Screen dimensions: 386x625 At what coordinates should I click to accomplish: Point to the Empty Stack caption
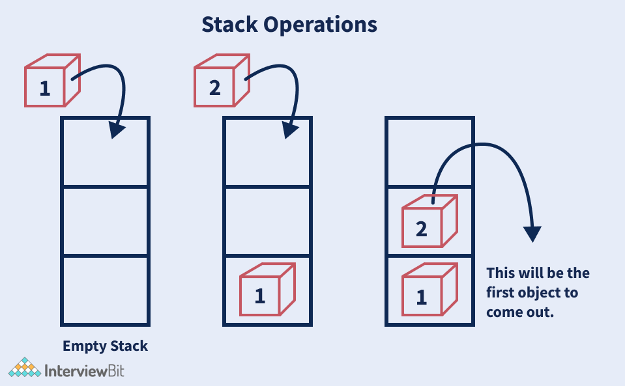pos(105,346)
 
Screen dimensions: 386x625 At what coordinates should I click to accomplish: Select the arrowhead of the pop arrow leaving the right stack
pos(533,232)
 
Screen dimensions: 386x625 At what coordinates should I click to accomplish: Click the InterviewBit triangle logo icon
pos(24,368)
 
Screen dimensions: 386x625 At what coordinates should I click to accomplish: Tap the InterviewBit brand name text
pos(84,371)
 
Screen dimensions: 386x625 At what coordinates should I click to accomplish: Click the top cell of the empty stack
pos(105,152)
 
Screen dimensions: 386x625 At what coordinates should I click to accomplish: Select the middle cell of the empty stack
pos(105,221)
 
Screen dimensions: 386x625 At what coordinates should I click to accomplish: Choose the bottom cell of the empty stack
pos(105,290)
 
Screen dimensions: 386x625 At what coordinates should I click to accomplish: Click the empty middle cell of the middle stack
pos(267,221)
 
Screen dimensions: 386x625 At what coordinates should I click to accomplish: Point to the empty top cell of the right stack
pos(428,152)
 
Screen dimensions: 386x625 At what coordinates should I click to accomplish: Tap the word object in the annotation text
pos(543,292)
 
